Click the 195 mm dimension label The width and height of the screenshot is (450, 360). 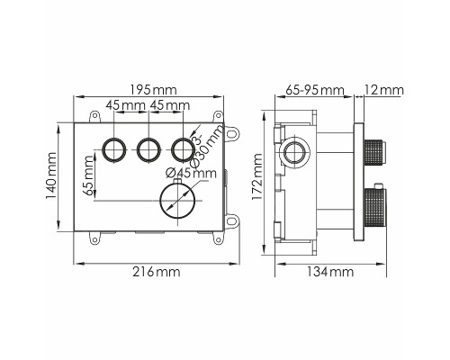coord(153,90)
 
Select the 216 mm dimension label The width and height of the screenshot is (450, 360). coord(157,272)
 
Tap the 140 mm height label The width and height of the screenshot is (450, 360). coord(51,175)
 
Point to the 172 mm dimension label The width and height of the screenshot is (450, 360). coord(257,176)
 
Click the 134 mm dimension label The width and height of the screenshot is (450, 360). coord(330,272)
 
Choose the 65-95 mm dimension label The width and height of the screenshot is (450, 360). coord(314,90)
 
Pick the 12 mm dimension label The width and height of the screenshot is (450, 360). coord(384,90)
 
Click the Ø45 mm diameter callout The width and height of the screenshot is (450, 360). coord(191,173)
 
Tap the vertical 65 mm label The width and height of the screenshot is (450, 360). coord(88,175)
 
